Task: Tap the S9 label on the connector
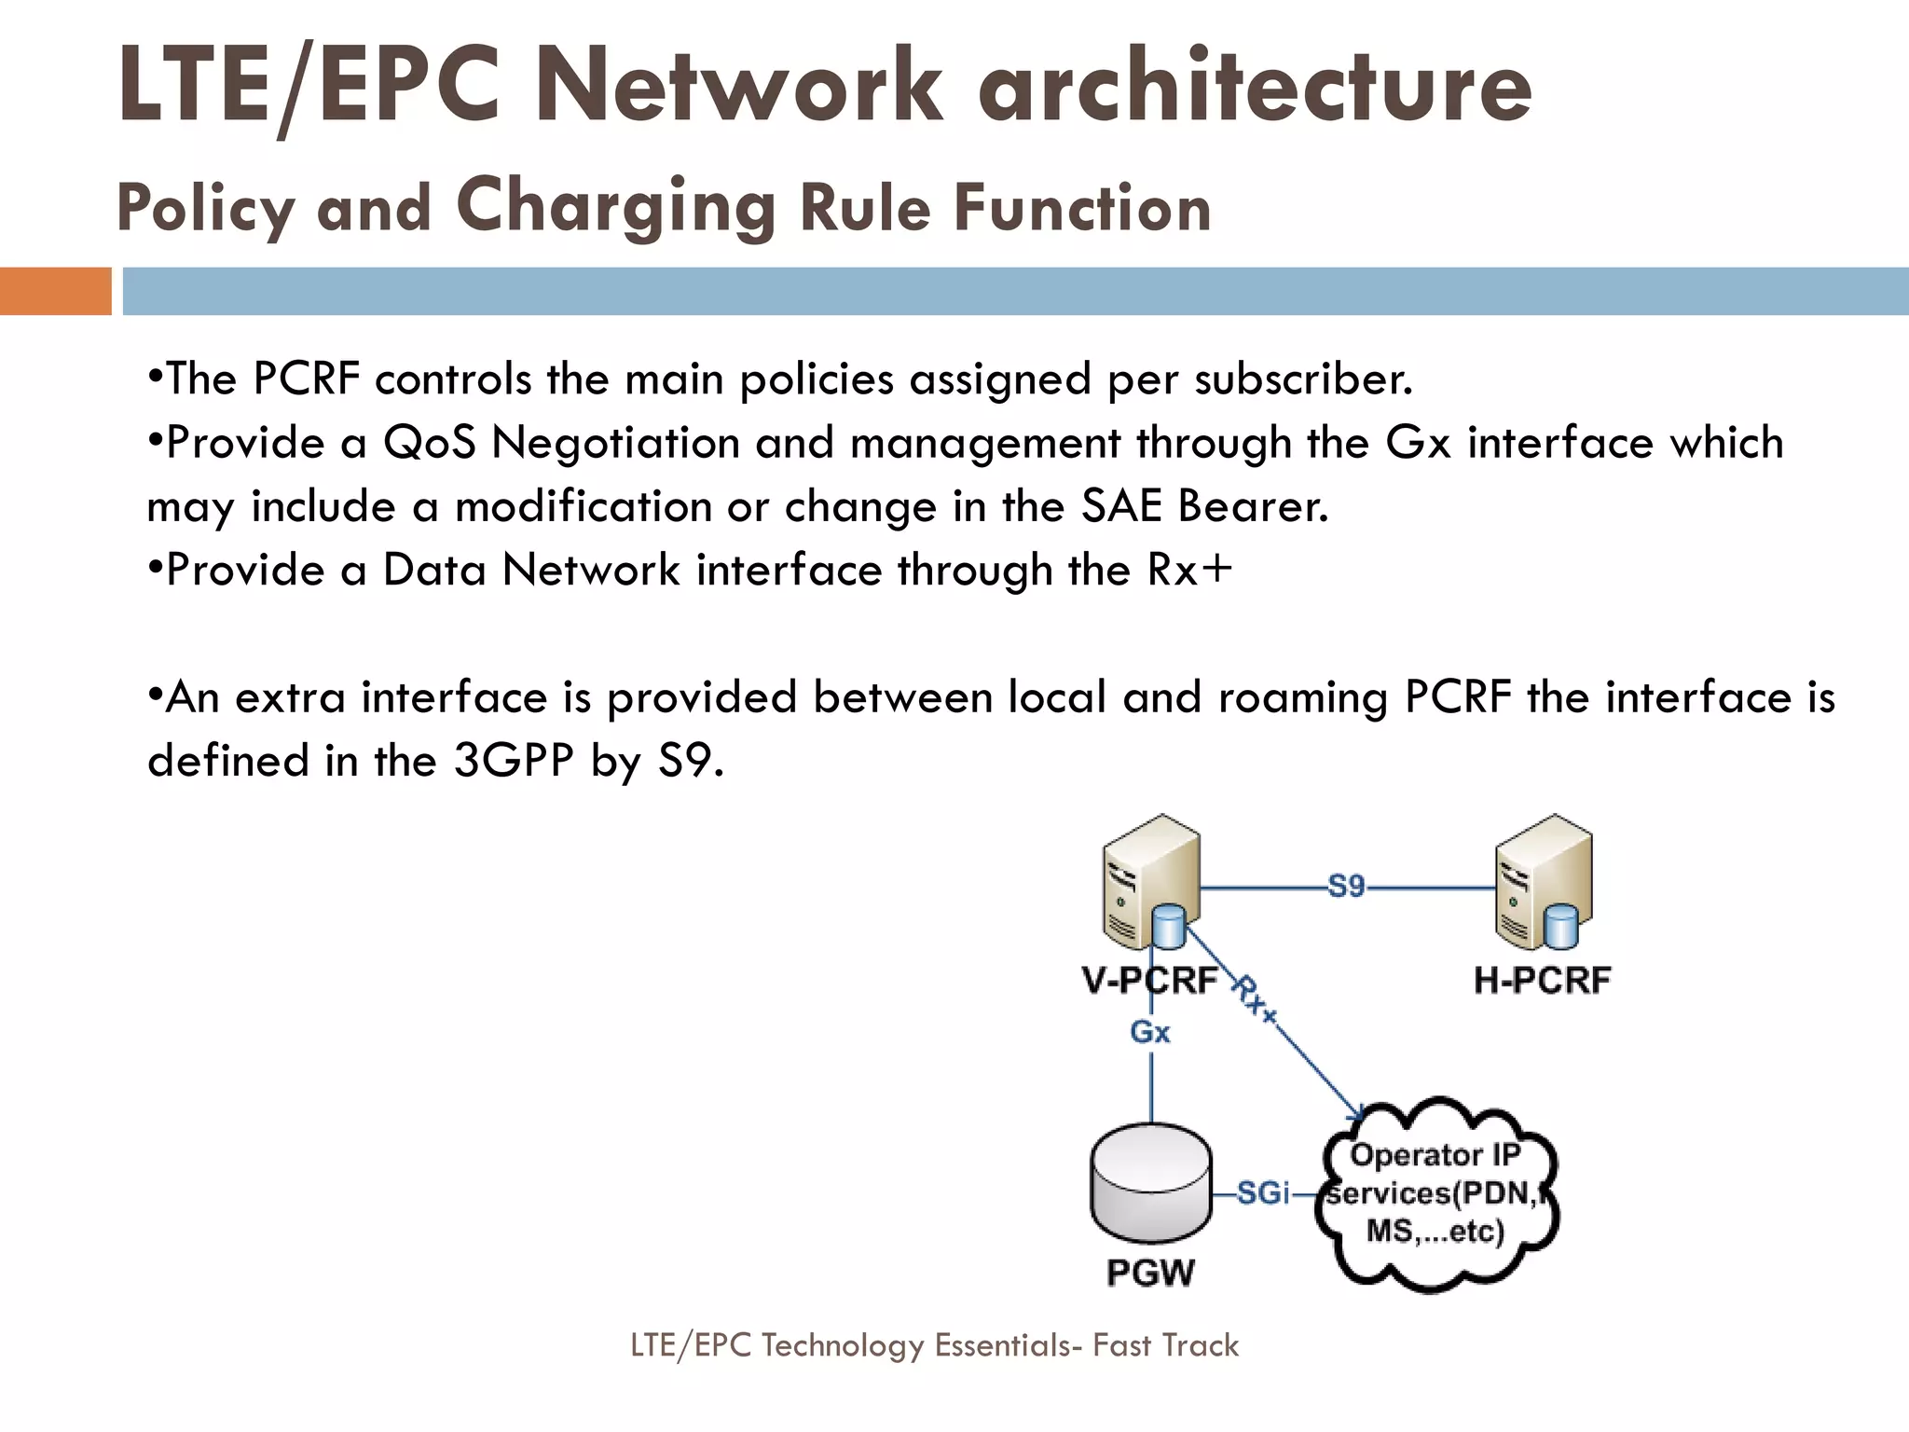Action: point(1346,886)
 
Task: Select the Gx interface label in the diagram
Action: point(1150,1032)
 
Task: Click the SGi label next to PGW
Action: point(1263,1192)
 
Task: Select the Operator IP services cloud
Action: point(1435,1194)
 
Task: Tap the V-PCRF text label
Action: point(1149,980)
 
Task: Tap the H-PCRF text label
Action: point(1543,980)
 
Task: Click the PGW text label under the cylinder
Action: point(1150,1273)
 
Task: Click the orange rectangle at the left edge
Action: point(55,291)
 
